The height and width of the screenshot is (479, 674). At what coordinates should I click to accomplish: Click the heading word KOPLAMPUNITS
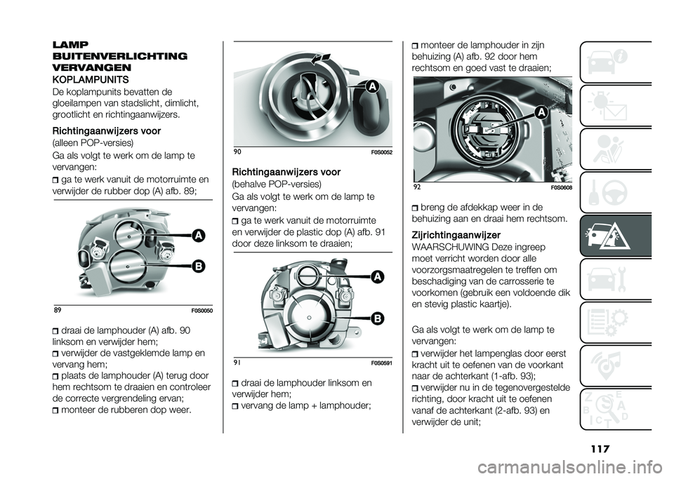pos(87,79)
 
